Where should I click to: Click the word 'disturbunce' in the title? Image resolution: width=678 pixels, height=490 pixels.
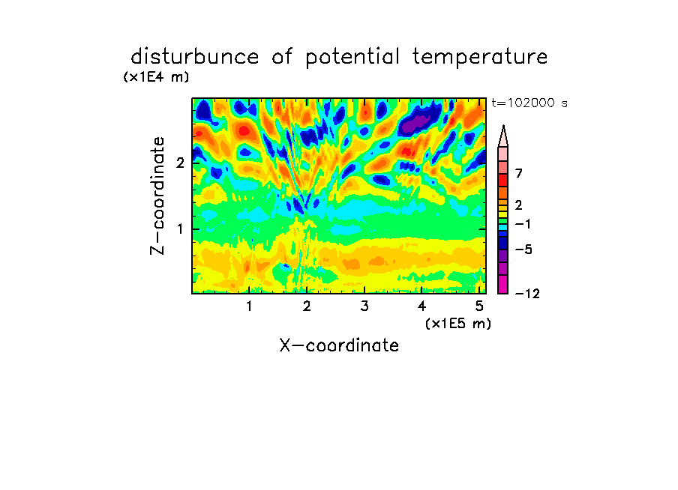coord(195,57)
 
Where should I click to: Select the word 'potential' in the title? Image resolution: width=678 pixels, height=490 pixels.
coord(352,58)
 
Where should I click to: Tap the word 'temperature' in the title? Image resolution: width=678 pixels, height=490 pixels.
coord(480,58)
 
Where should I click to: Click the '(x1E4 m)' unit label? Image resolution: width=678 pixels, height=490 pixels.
coord(156,77)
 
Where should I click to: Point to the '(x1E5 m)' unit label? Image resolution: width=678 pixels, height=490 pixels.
coord(458,323)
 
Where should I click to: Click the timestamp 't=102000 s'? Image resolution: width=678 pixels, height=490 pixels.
coord(529,103)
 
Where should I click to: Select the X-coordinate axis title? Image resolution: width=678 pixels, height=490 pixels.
coord(339,345)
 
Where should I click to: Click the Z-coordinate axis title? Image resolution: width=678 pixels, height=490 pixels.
coord(157,196)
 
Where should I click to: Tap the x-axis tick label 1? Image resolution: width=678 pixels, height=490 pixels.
coord(249,306)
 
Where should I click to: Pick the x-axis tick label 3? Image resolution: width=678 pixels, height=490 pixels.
coord(364,306)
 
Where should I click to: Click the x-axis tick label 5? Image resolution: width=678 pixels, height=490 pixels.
coord(479,306)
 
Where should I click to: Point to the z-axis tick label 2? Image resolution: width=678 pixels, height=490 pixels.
coord(180,163)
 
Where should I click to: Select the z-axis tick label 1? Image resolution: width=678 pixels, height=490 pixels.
coord(180,229)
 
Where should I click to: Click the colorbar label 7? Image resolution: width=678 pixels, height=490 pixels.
coord(519,173)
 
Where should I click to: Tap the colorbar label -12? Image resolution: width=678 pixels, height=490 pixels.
coord(527,294)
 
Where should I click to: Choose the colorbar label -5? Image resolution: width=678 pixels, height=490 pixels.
coord(523,249)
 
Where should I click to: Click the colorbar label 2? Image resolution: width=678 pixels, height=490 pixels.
coord(519,205)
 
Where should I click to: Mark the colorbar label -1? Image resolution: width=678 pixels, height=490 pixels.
coord(523,224)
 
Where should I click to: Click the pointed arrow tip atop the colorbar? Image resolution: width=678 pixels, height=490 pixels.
coord(503,126)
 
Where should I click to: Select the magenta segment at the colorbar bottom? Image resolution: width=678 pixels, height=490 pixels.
coord(503,284)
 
